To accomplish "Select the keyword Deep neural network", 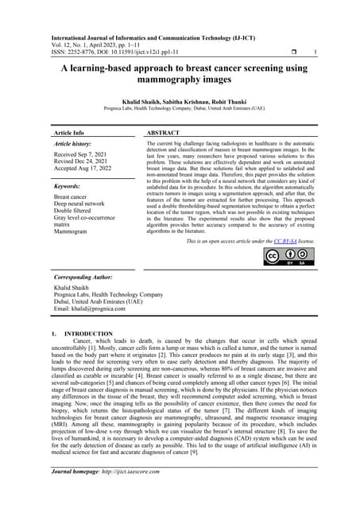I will pos(85,203).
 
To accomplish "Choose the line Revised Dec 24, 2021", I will pos(83,161).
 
